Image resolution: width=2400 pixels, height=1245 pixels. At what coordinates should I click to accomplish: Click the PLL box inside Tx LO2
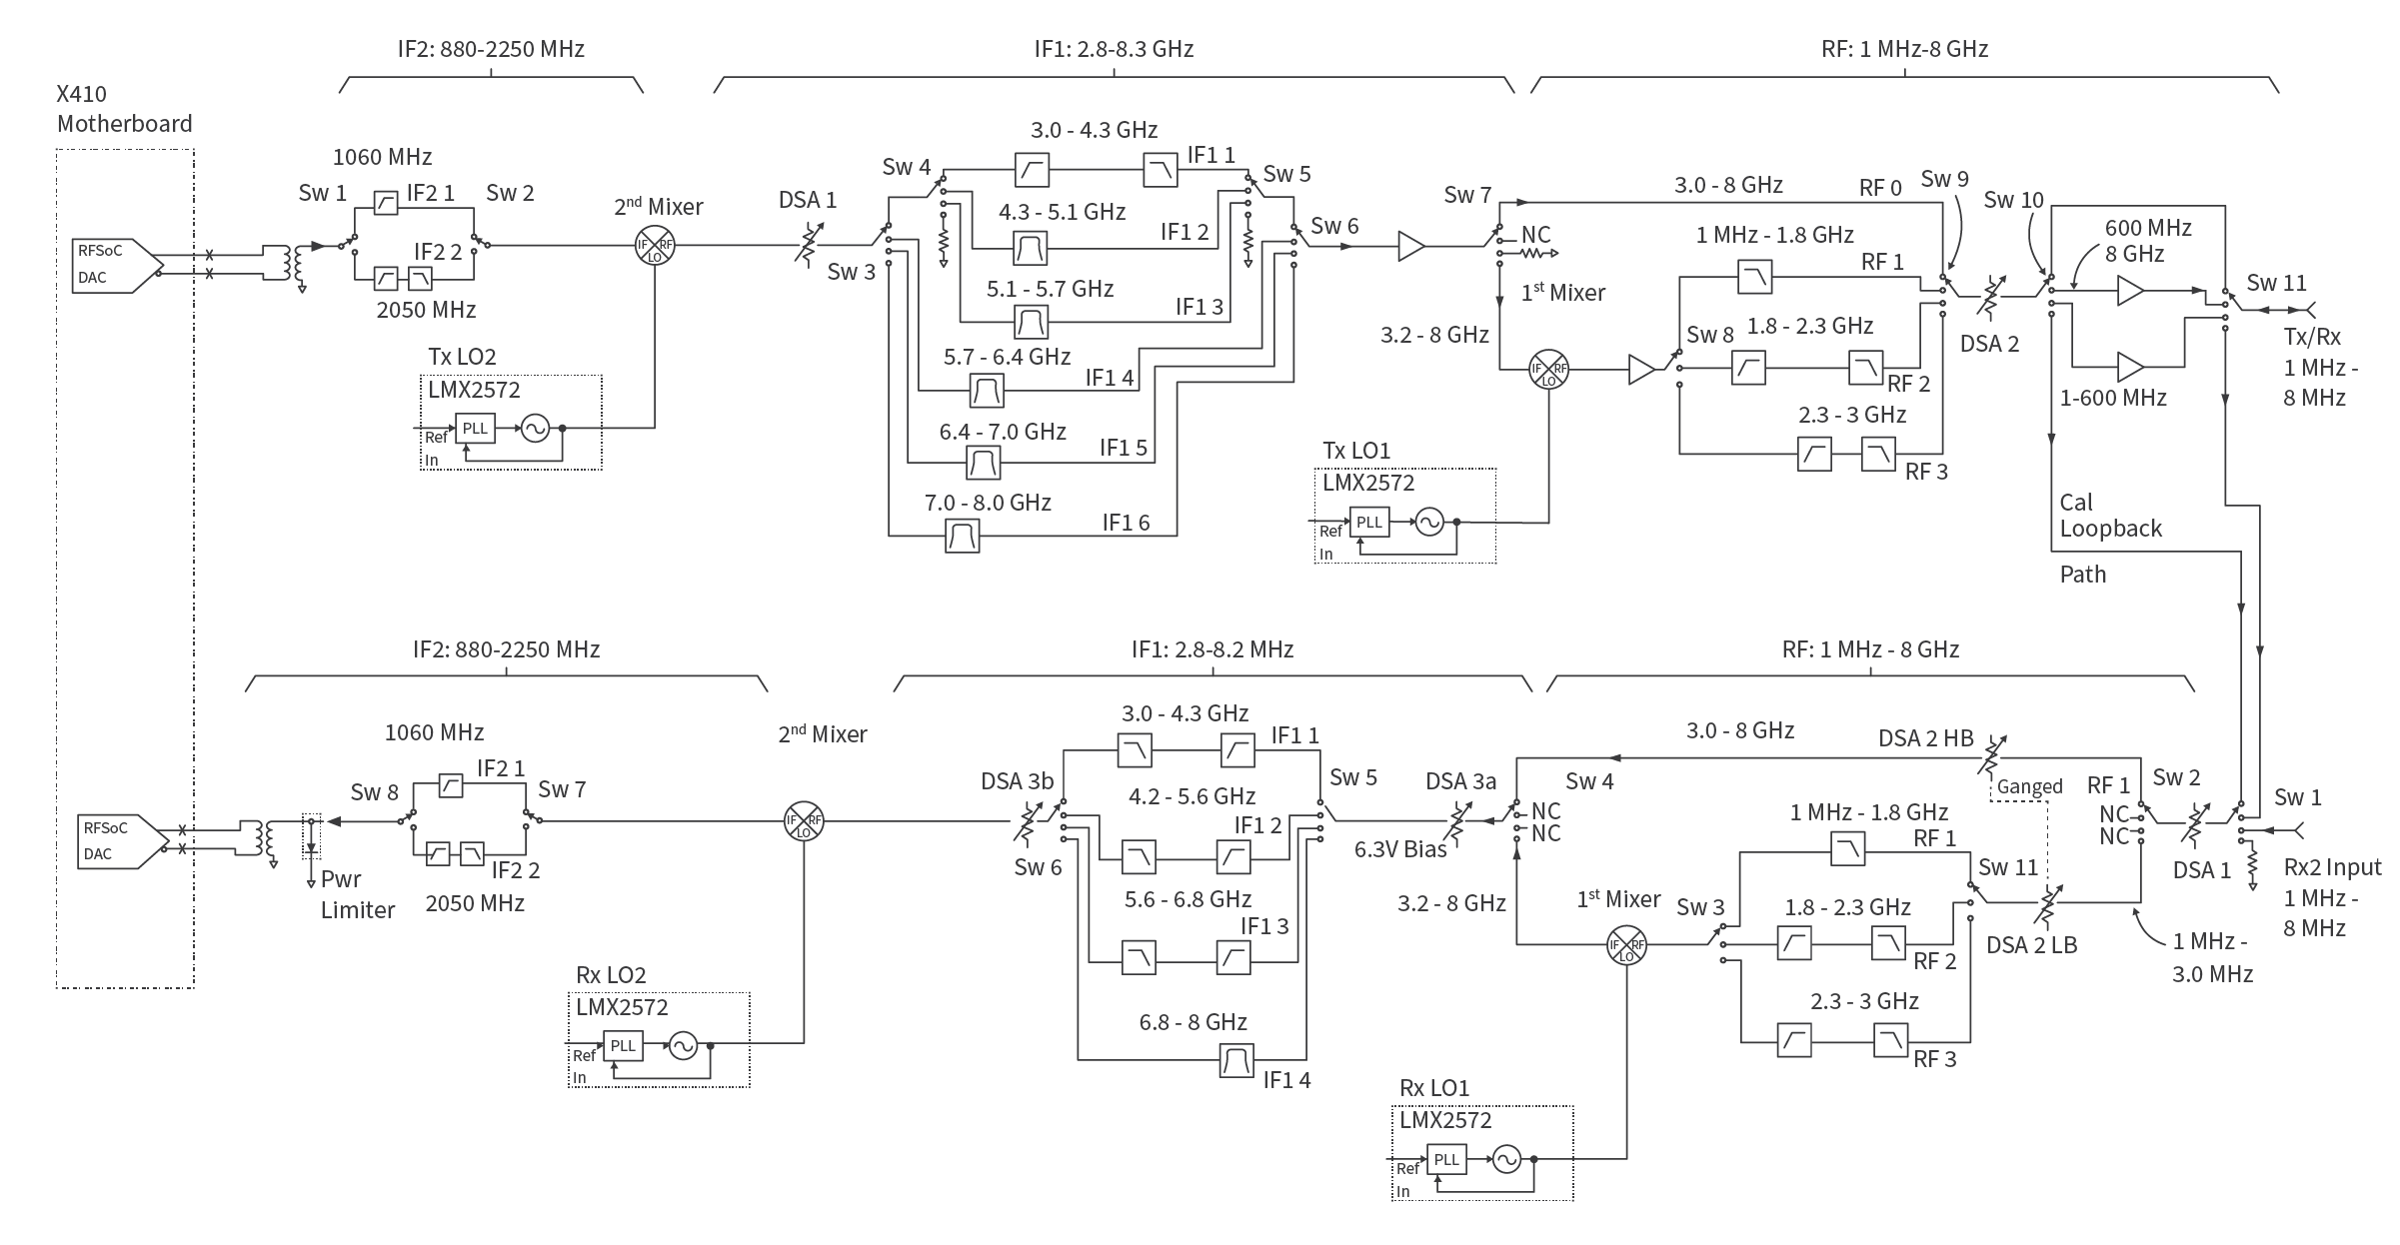(475, 429)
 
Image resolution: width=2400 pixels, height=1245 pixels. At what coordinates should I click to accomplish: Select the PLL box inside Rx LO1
(1446, 1159)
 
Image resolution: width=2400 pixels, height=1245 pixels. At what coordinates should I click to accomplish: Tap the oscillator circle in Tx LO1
(1429, 522)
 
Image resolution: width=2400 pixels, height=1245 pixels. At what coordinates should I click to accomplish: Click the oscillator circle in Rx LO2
(683, 1045)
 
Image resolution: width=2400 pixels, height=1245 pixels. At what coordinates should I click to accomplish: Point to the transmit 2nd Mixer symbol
(655, 246)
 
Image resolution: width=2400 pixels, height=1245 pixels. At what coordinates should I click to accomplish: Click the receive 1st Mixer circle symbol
(1626, 945)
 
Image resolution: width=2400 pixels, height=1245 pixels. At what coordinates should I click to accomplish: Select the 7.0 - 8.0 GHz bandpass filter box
(963, 537)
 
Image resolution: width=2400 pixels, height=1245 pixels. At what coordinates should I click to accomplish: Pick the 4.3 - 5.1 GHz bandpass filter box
(1031, 247)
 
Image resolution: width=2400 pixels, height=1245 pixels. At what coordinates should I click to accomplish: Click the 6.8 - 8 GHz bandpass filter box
(1237, 1059)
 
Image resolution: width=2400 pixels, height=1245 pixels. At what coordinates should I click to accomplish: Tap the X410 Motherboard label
(124, 109)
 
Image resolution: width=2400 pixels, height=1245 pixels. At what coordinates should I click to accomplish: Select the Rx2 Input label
(2332, 867)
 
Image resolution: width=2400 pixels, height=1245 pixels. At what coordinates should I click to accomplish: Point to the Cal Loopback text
(2110, 516)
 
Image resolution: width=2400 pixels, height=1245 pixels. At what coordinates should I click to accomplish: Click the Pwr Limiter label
(358, 894)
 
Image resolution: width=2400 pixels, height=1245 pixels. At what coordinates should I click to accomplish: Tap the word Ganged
(2029, 787)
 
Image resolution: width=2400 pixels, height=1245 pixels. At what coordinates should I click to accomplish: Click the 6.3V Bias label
(1400, 850)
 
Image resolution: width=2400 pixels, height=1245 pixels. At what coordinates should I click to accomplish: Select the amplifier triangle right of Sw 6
(1410, 246)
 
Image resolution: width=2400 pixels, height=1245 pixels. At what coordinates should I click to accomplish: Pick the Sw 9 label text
(1944, 179)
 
